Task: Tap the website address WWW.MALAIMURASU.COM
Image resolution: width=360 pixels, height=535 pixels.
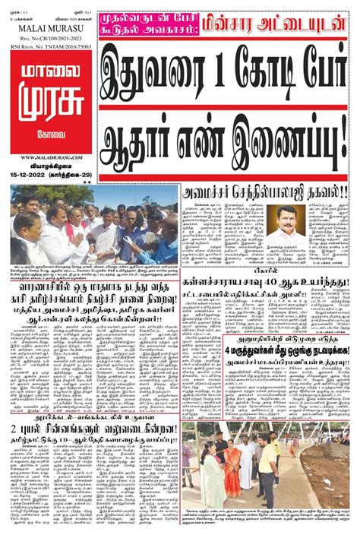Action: coord(48,158)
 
